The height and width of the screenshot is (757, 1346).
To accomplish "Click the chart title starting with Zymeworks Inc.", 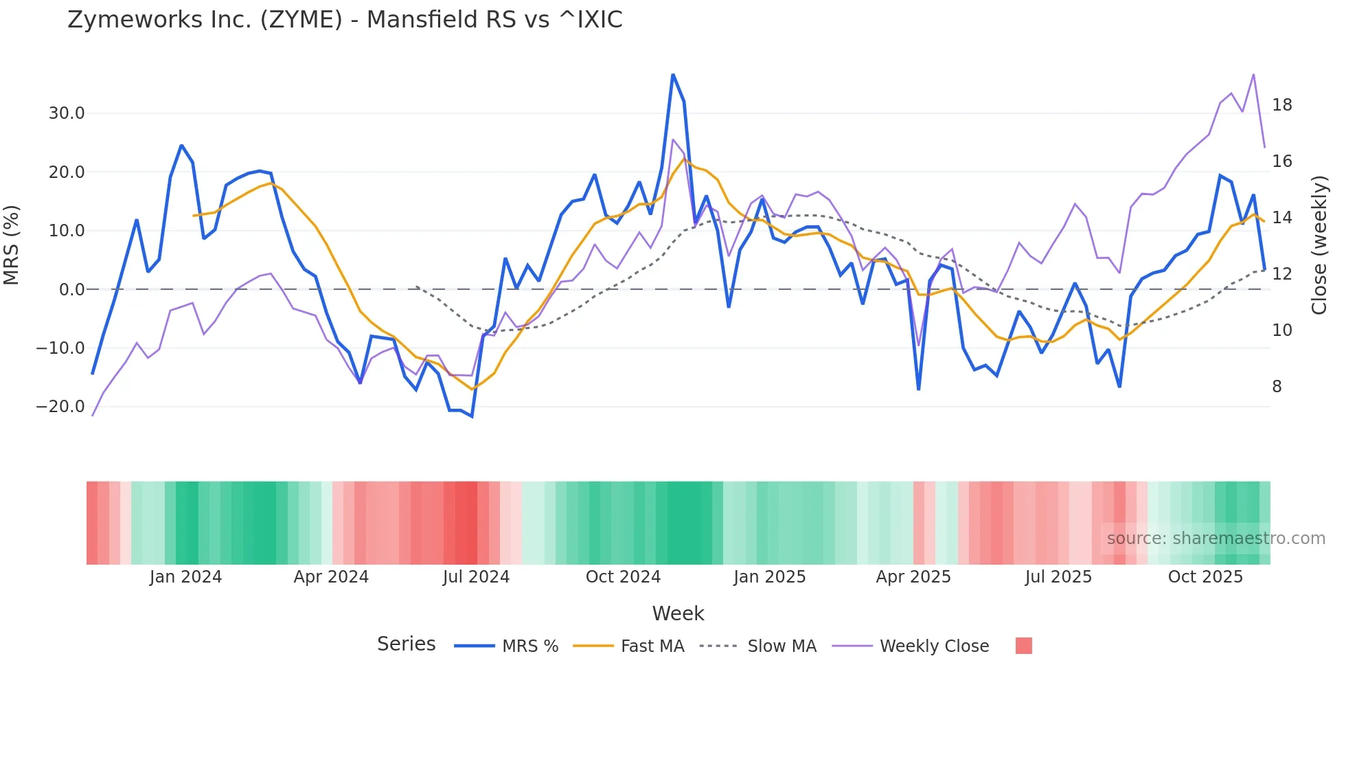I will tap(345, 20).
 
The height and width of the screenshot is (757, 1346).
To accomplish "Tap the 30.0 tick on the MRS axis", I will tap(67, 113).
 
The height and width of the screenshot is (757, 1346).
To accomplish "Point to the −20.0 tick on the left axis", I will tap(60, 407).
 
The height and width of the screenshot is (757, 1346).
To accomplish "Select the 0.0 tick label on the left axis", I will tap(71, 290).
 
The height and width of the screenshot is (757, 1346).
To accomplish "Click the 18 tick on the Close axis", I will tap(1281, 105).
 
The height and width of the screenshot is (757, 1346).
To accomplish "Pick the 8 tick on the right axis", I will tap(1277, 387).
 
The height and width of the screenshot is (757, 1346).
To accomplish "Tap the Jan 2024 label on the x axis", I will tap(185, 577).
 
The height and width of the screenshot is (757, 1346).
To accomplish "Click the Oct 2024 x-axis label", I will tap(623, 577).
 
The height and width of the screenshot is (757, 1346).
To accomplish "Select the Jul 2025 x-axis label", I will tap(1058, 577).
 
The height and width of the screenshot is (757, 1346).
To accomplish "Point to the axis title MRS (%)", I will tap(12, 245).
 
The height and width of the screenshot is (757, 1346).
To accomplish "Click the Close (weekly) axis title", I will tap(1319, 245).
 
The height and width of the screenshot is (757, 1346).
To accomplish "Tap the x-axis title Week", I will tap(678, 613).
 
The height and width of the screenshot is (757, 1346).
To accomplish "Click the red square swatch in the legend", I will tap(1023, 646).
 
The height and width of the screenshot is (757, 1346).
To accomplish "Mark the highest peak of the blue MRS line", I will tap(673, 74).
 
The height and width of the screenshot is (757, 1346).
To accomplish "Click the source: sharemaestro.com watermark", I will tap(1216, 539).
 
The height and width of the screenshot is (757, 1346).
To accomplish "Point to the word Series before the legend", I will tap(406, 644).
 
